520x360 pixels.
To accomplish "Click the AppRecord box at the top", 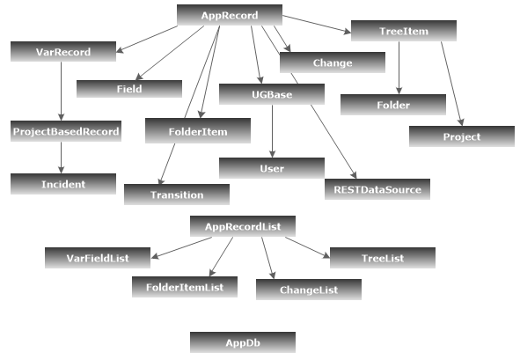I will pos(229,15).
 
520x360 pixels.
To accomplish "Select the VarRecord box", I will pos(63,52).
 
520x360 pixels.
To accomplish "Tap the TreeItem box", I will pos(404,32).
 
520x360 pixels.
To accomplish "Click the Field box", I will pos(128,89).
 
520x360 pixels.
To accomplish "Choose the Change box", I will pos(332,62).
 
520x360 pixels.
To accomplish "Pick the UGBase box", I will pos(272,93).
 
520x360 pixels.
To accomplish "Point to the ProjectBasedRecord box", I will pos(66,132).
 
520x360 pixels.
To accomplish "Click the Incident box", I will pos(63,184).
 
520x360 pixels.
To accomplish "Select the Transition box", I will pos(176,195).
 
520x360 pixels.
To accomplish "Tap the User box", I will pos(272,167).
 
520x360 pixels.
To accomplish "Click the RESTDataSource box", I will pos(377,188).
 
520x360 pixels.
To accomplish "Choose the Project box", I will pos(461,136).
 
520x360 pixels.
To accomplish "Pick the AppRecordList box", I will pos(242,226).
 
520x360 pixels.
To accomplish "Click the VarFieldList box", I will pos(98,258).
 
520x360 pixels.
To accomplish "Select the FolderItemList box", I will pos(185,286).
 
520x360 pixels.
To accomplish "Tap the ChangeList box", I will pos(308,290).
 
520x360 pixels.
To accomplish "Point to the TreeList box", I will pos(382,258).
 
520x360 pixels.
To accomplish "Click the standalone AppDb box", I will pos(242,342).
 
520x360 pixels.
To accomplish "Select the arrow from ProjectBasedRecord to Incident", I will pos(62,158).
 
